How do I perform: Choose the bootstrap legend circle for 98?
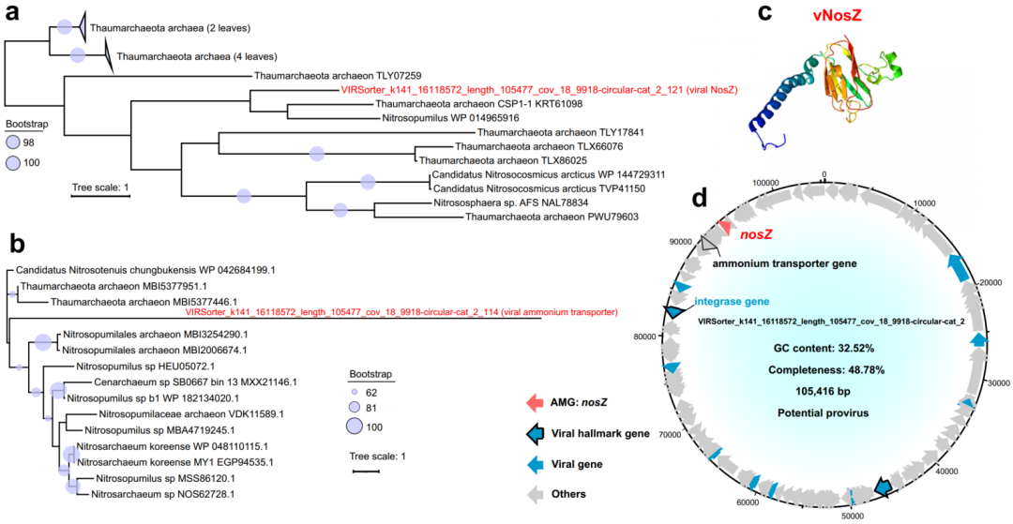14,142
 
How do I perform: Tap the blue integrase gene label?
732,301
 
